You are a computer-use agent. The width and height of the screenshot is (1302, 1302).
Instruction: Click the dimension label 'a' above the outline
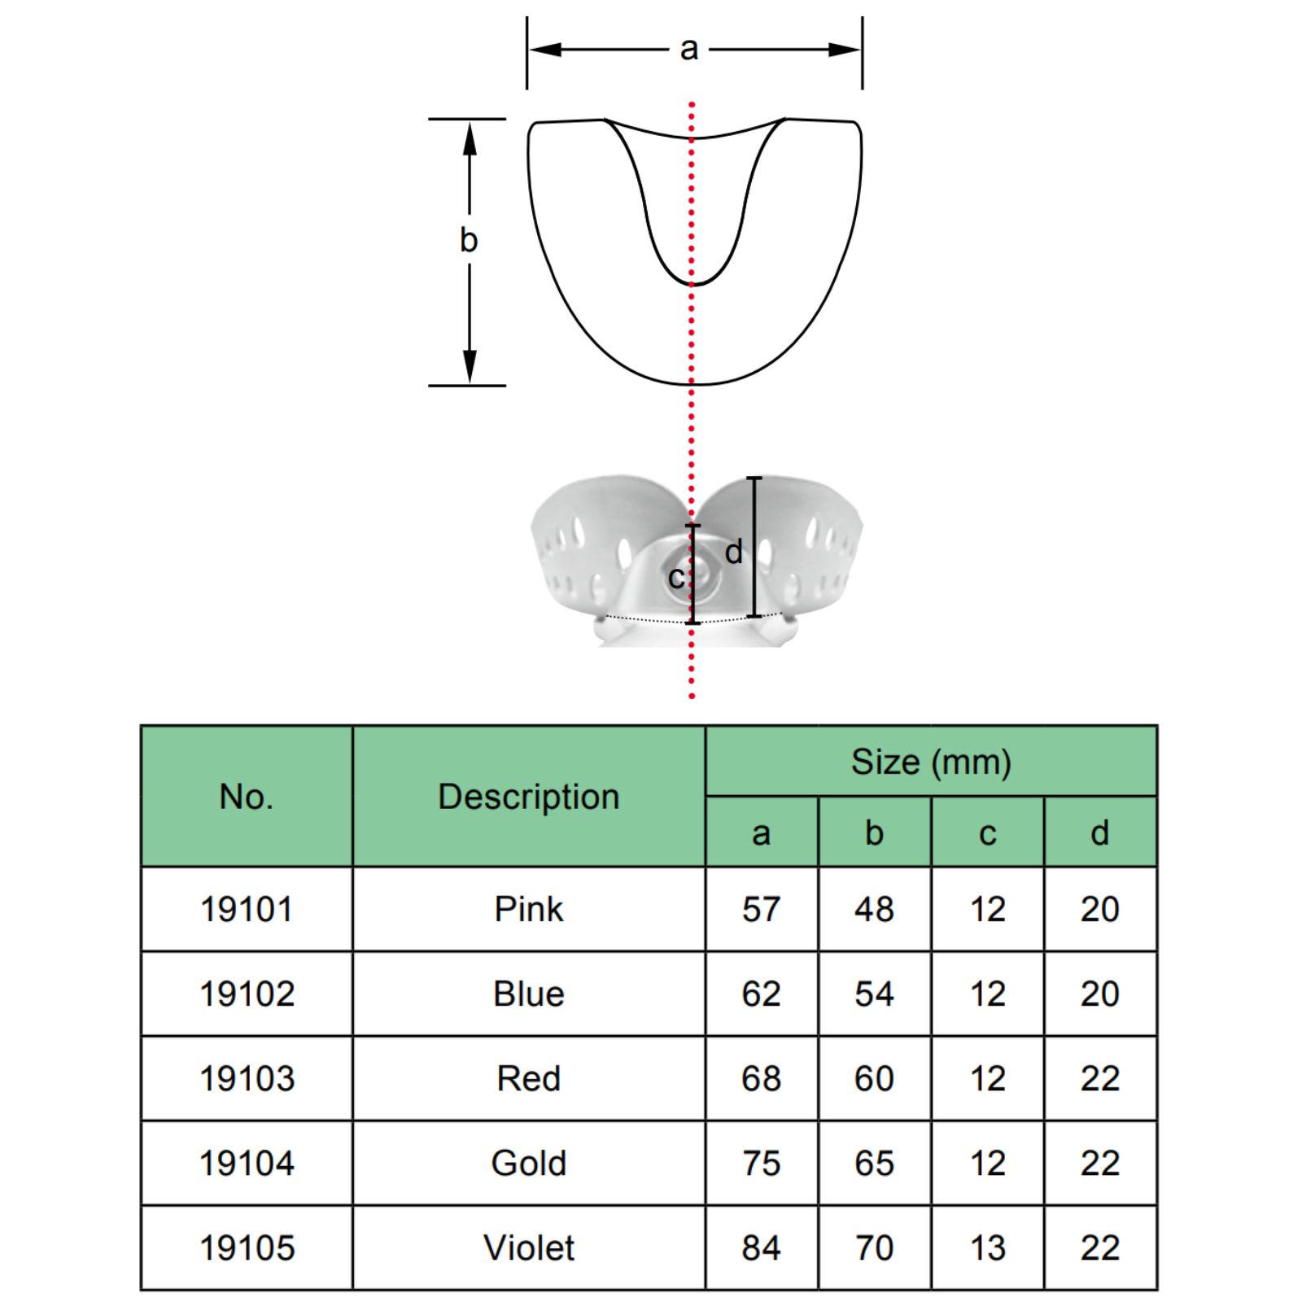(688, 50)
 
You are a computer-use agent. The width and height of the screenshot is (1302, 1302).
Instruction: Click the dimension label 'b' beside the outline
(469, 240)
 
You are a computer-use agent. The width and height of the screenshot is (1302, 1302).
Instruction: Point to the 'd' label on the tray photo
(734, 552)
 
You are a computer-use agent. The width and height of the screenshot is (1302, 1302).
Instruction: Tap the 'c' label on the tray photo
(675, 578)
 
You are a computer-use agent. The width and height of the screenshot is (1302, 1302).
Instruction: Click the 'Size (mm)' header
(931, 762)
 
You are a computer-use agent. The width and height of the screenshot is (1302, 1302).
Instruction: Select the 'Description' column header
(529, 797)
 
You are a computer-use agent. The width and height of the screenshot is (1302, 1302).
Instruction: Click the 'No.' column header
(247, 797)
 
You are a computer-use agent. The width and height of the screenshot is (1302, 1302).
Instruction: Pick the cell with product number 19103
(247, 1078)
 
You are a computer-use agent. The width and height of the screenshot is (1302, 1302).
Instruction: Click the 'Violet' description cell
(529, 1247)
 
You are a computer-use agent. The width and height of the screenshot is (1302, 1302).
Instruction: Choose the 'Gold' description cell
(529, 1163)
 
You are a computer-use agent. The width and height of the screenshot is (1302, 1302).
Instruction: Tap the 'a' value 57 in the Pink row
(761, 909)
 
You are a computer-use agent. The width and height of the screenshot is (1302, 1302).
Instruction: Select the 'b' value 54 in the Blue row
(874, 994)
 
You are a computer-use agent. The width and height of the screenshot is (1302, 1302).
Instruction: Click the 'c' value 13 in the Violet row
(987, 1247)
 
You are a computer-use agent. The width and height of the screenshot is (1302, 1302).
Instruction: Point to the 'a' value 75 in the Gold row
(761, 1163)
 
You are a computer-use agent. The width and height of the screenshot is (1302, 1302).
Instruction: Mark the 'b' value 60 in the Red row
(874, 1078)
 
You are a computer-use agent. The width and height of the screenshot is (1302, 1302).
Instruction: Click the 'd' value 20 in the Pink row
(1099, 909)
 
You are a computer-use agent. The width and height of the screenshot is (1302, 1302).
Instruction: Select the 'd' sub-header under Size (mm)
(1099, 832)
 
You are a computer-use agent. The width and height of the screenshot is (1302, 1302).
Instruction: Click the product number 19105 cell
(247, 1247)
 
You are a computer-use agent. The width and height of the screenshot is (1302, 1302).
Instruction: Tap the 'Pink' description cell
(529, 909)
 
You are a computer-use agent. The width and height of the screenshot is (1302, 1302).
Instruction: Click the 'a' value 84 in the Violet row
(761, 1247)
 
